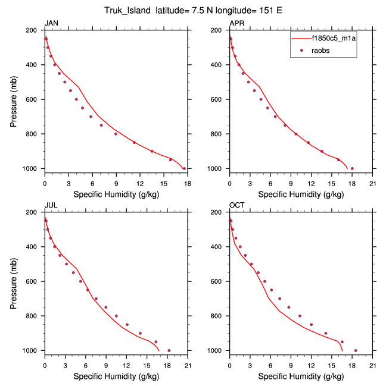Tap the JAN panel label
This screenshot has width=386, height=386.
coord(52,23)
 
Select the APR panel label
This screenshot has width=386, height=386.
coord(236,23)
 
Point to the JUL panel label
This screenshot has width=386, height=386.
coord(51,205)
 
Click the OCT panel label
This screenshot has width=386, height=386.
coord(237,205)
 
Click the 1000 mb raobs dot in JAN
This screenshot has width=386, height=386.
coord(184,168)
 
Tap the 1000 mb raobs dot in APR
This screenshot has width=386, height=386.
coord(352,168)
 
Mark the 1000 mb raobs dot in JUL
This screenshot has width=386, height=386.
coord(169,350)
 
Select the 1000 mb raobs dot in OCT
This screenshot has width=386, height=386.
coord(356,350)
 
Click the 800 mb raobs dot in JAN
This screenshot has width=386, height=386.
coord(116,134)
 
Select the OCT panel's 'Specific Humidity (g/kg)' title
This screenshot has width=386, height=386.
coord(301,376)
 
